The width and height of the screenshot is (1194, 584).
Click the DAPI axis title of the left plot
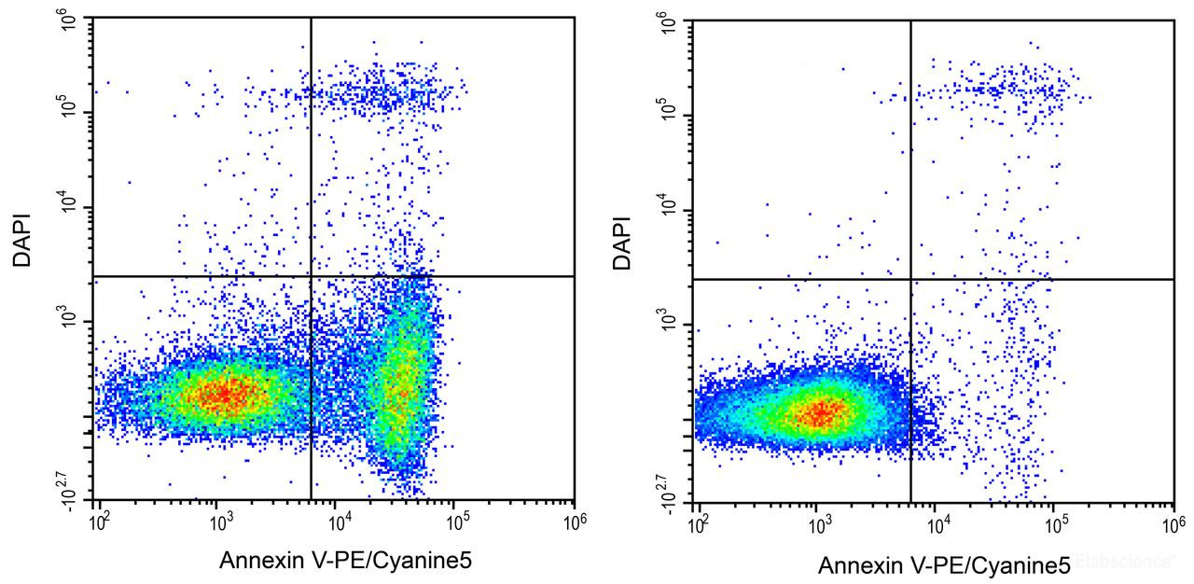click(22, 241)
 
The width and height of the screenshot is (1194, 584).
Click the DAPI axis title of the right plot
click(621, 244)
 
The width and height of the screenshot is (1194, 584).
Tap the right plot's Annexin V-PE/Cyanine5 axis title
click(944, 565)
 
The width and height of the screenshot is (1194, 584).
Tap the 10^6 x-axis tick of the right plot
click(1173, 526)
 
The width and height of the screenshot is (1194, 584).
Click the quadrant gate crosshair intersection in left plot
click(311, 276)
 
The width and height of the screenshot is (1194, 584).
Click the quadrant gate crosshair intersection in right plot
click(910, 279)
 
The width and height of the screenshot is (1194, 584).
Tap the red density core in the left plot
click(224, 394)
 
